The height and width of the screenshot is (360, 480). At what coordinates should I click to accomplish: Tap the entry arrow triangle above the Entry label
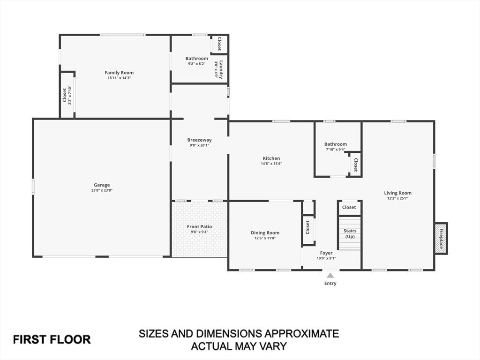click(x=330, y=276)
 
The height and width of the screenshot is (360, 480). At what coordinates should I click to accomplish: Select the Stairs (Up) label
click(x=350, y=233)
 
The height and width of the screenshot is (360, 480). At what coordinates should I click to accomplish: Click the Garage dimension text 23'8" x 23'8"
click(x=102, y=190)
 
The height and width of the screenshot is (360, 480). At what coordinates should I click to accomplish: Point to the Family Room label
click(x=119, y=73)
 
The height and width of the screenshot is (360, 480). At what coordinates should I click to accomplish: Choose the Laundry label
click(x=221, y=69)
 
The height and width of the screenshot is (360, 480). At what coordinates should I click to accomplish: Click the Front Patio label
click(x=199, y=227)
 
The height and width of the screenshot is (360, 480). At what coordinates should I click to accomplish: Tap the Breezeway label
click(x=199, y=140)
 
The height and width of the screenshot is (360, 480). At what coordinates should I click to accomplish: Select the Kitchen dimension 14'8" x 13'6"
click(x=271, y=164)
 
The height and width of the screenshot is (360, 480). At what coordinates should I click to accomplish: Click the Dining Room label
click(x=265, y=233)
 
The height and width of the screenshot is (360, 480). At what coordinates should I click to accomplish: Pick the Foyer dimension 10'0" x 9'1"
click(x=326, y=258)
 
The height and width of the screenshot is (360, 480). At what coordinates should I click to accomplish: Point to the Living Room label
click(x=397, y=193)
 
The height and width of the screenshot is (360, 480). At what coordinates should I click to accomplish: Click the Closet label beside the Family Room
click(x=65, y=96)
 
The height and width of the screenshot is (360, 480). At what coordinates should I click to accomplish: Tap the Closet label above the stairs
click(x=349, y=207)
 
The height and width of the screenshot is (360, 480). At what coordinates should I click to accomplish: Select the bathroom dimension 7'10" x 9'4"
click(x=336, y=150)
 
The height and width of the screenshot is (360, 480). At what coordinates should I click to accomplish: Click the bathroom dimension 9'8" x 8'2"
click(x=196, y=64)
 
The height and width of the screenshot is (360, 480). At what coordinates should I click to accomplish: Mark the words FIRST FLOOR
click(x=52, y=339)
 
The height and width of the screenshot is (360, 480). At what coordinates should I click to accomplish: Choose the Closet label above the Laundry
click(x=219, y=44)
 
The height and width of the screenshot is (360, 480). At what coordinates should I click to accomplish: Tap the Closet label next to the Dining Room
click(x=308, y=227)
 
